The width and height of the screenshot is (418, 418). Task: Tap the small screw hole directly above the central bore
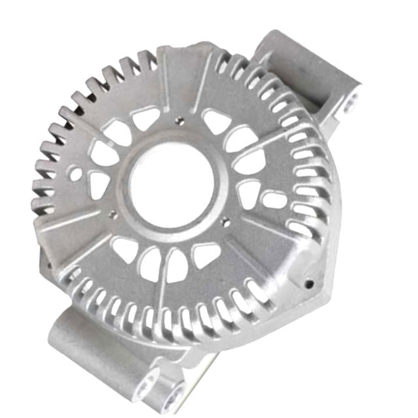click(x=179, y=120)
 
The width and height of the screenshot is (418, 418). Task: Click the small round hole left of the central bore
click(x=77, y=174)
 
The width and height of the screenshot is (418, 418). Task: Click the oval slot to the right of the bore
click(x=273, y=199)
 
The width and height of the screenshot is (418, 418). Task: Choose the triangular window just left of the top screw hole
click(x=145, y=118)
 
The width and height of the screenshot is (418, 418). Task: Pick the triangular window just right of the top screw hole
click(x=216, y=121)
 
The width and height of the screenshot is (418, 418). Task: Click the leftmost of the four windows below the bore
click(x=124, y=249)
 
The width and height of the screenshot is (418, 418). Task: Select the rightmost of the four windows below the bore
click(x=208, y=254)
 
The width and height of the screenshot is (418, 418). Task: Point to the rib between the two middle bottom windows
click(x=163, y=265)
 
